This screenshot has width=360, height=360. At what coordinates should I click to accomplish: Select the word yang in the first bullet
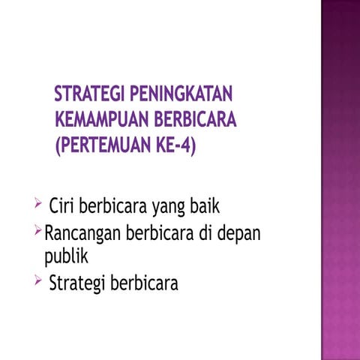[169, 206]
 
